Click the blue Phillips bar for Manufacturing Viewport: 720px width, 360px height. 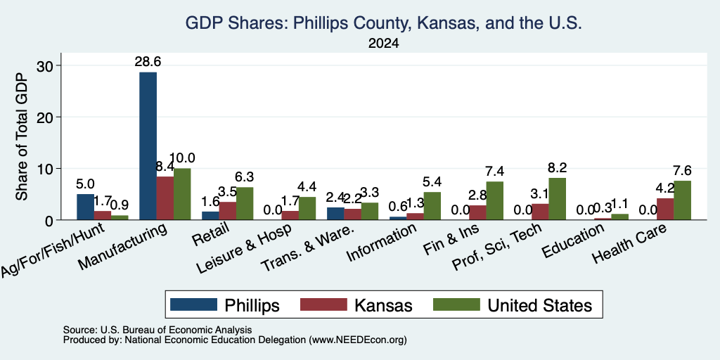point(148,146)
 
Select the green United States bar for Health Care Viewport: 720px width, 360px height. point(682,200)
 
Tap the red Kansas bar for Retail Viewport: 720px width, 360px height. point(227,211)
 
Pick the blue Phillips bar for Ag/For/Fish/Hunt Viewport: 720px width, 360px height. point(85,207)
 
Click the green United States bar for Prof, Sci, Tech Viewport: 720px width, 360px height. point(557,199)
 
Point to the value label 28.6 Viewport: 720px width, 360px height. point(148,62)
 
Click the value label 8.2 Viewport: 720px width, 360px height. point(557,168)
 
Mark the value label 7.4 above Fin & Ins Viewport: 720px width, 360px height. point(494,172)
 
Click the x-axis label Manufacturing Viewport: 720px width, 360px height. point(122,246)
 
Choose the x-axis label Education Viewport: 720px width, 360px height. point(573,241)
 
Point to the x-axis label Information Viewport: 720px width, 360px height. point(382,243)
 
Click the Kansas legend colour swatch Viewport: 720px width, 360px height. point(323,304)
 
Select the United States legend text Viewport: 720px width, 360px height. point(539,305)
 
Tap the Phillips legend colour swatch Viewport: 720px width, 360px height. point(193,304)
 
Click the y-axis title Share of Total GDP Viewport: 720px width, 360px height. point(22,136)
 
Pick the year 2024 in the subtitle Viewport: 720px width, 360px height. point(383,44)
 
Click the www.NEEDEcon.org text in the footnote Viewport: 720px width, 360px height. point(358,340)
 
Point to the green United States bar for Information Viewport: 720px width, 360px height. point(432,206)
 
